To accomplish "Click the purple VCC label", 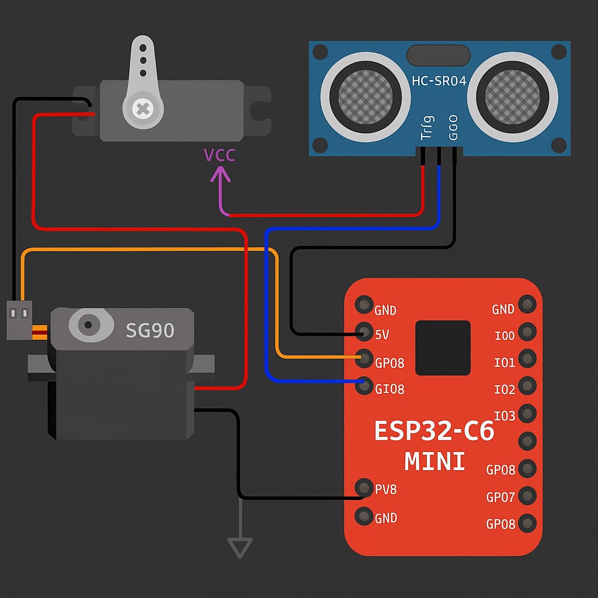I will coord(220,155).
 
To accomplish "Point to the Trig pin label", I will coord(427,127).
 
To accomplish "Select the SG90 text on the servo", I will coord(150,331).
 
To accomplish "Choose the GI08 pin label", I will coord(390,389).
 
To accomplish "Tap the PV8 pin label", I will coord(385,489).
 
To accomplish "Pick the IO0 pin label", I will coord(504,336).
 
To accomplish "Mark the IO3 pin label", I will coord(504,416).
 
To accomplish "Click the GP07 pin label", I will coord(500,498).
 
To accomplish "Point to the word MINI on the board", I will coord(434,461).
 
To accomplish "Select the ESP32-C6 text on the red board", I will coord(434,432).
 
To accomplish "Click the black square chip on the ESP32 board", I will coord(443,347).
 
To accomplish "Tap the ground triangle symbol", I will coord(240,548).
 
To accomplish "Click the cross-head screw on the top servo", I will coord(142,108).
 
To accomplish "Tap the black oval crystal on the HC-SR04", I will coord(438,55).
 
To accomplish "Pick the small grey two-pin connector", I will coord(18,319).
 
